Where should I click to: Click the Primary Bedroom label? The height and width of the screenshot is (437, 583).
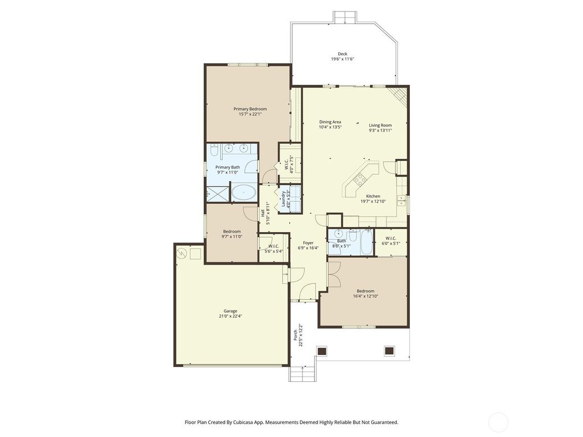(x=250, y=109)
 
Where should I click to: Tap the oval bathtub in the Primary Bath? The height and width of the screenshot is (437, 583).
(x=244, y=193)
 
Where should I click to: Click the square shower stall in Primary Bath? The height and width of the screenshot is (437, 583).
(x=217, y=193)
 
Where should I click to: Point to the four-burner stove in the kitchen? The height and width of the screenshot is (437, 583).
(x=360, y=182)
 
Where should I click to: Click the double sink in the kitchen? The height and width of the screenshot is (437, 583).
(x=402, y=199)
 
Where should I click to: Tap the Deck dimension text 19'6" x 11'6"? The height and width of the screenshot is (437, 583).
(x=342, y=59)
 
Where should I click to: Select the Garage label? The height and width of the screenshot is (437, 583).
(x=230, y=311)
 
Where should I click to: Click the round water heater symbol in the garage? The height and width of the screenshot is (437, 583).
(x=182, y=253)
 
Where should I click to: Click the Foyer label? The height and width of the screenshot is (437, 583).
(x=308, y=243)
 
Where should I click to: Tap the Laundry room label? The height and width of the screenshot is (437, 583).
(x=283, y=199)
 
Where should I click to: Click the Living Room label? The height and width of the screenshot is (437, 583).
(x=380, y=125)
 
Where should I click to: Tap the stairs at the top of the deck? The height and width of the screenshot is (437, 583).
(x=344, y=17)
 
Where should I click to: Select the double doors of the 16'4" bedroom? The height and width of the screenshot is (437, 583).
(x=334, y=275)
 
